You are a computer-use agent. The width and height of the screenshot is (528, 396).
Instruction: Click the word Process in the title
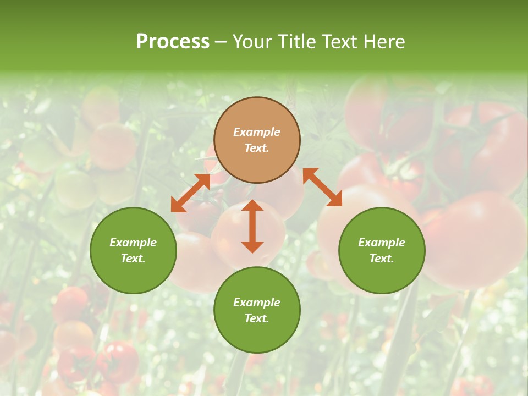[173, 42]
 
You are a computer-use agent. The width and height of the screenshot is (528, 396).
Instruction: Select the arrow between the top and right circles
[322, 187]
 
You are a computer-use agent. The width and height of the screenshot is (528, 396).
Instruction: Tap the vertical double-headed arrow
[252, 226]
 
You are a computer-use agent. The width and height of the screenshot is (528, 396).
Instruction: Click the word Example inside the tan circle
[257, 132]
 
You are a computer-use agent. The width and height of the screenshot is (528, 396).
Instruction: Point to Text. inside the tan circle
[257, 148]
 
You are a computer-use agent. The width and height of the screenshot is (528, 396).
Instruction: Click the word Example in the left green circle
[133, 243]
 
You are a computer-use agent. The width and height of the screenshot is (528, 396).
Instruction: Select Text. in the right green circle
[382, 258]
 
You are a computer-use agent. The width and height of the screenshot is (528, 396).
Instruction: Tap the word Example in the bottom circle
[257, 302]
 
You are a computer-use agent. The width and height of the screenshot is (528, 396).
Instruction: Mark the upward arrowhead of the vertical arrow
[252, 205]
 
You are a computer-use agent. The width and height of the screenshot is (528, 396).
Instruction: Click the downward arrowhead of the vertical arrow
[252, 247]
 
